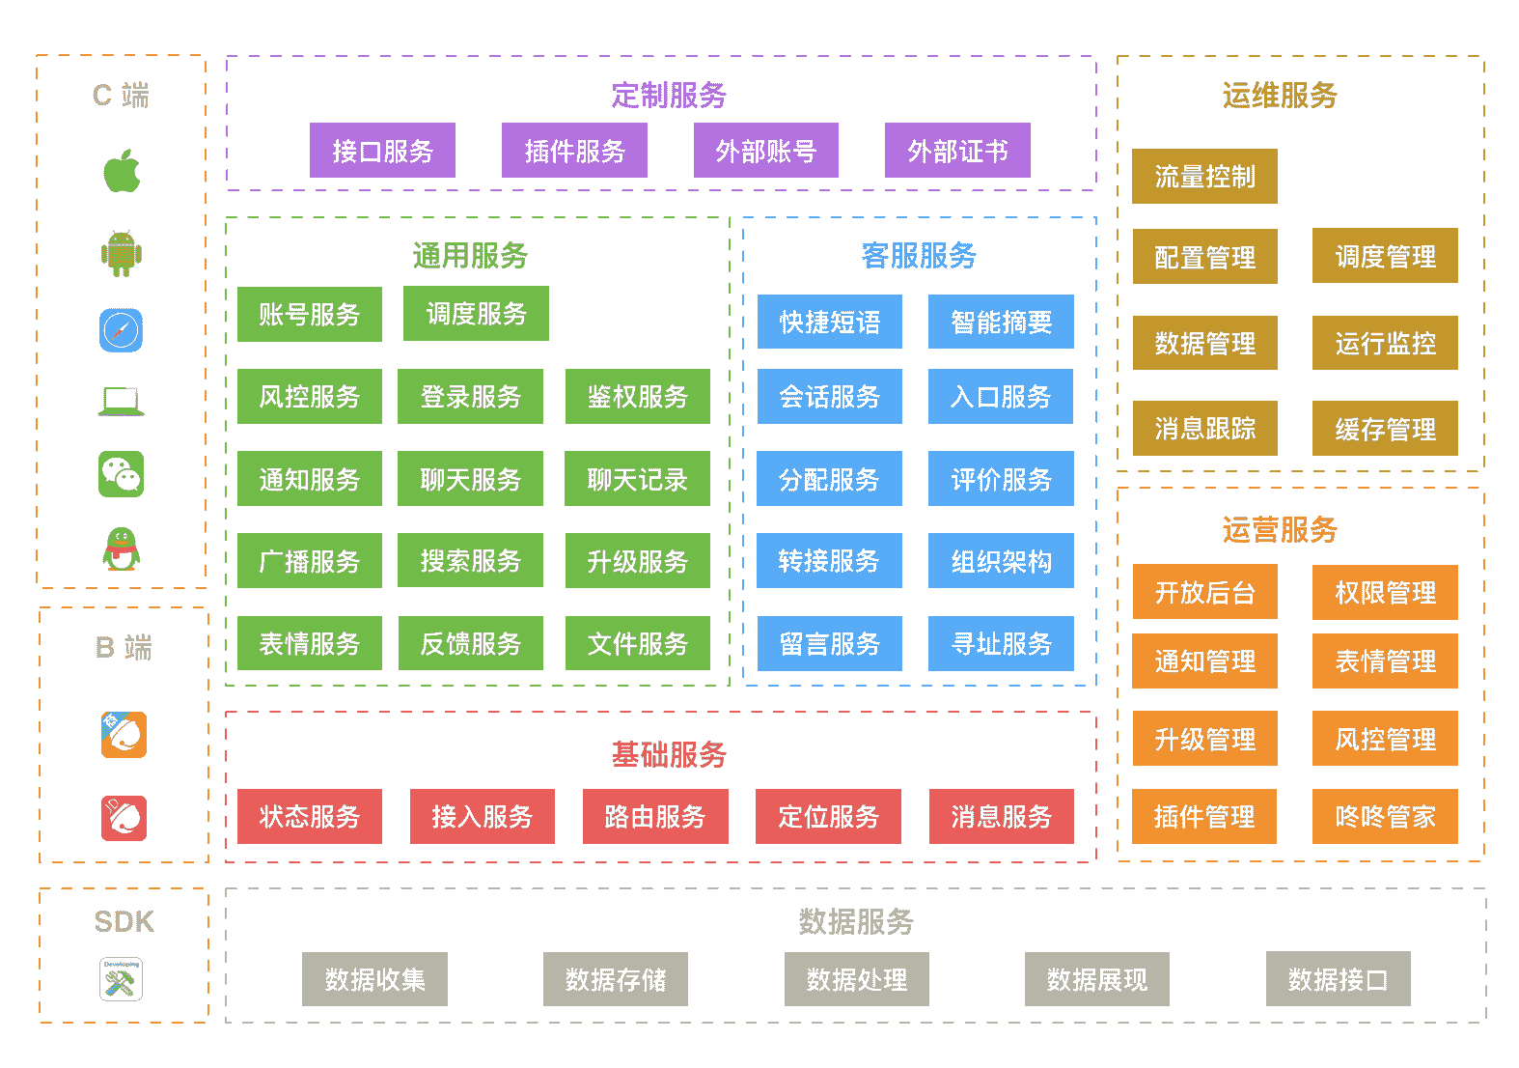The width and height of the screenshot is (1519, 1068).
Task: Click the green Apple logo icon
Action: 122,172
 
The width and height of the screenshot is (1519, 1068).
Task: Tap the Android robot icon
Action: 122,253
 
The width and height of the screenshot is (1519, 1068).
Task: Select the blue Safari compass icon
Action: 122,330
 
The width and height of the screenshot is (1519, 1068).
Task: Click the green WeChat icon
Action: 122,474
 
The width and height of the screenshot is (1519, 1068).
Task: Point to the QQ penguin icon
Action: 122,549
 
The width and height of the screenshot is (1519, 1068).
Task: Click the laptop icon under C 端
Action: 122,401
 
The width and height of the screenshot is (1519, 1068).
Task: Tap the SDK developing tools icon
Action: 122,979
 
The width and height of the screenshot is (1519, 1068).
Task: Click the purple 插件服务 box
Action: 574,151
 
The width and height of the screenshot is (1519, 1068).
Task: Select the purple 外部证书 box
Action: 957,151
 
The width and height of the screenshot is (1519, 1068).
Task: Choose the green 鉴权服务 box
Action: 637,396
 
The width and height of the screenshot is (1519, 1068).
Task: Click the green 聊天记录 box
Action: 637,479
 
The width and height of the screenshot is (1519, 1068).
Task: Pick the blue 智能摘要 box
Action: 1001,322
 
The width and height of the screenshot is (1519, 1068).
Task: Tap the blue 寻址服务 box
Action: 1001,643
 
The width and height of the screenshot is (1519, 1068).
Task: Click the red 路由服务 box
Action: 655,817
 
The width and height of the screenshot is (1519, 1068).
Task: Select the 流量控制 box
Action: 1204,177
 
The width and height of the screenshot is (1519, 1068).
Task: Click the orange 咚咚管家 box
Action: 1385,817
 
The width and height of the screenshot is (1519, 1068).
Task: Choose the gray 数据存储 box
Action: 616,979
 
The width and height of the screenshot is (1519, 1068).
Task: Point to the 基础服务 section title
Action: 669,754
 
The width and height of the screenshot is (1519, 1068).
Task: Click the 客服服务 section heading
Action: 919,255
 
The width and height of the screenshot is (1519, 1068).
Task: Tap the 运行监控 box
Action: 1385,343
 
